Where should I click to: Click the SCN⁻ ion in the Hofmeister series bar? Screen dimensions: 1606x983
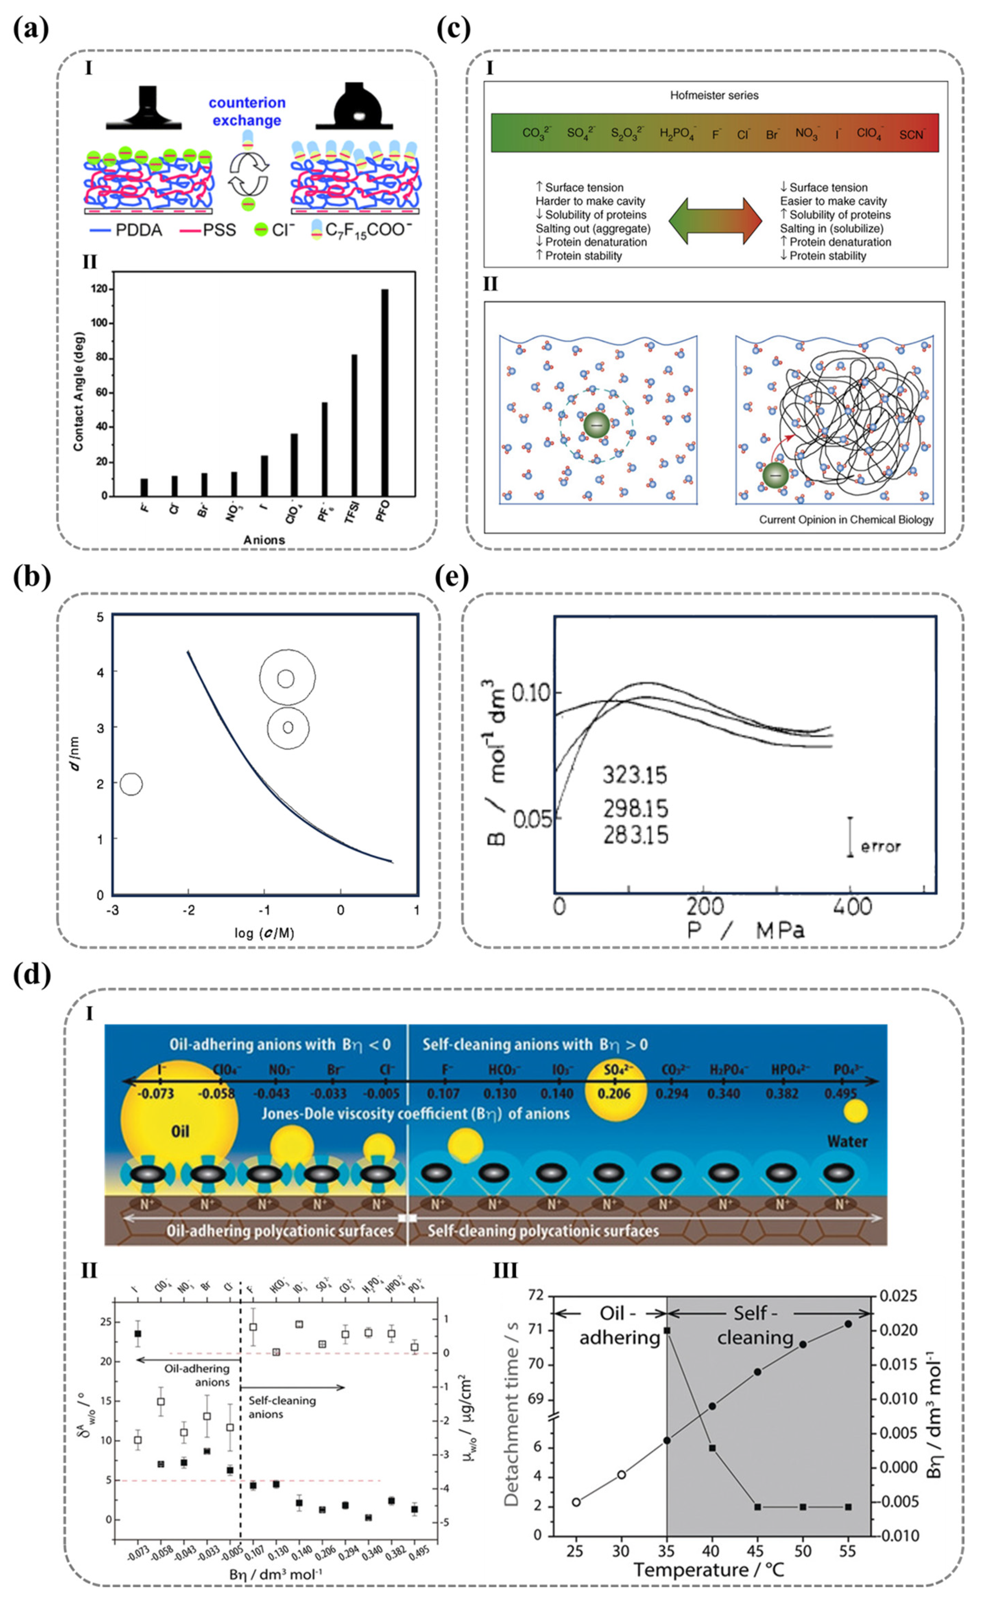[911, 134]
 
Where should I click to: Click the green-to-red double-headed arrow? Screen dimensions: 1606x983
[715, 221]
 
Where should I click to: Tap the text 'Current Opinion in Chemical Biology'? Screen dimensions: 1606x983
[846, 520]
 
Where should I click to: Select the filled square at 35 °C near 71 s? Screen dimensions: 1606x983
[667, 1330]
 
